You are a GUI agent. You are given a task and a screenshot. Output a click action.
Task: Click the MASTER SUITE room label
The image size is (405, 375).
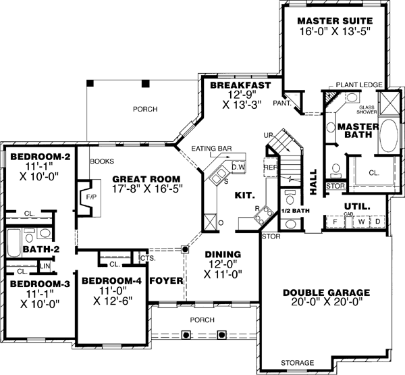click(335, 20)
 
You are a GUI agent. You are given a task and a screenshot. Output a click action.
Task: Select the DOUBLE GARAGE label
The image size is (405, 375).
click(326, 293)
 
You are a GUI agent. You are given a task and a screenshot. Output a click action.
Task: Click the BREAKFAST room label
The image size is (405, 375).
click(240, 85)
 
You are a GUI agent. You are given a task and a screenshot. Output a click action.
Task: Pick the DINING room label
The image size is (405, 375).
click(223, 255)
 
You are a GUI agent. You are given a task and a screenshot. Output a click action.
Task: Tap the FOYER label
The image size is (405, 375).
click(165, 280)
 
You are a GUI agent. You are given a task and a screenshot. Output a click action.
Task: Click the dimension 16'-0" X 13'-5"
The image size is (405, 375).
click(335, 32)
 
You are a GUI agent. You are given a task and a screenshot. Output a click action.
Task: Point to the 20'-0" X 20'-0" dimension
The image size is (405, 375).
click(326, 303)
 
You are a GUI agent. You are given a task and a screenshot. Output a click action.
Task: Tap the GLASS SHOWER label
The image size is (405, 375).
click(367, 110)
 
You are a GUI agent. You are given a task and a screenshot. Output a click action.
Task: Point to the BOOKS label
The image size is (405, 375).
click(101, 161)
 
